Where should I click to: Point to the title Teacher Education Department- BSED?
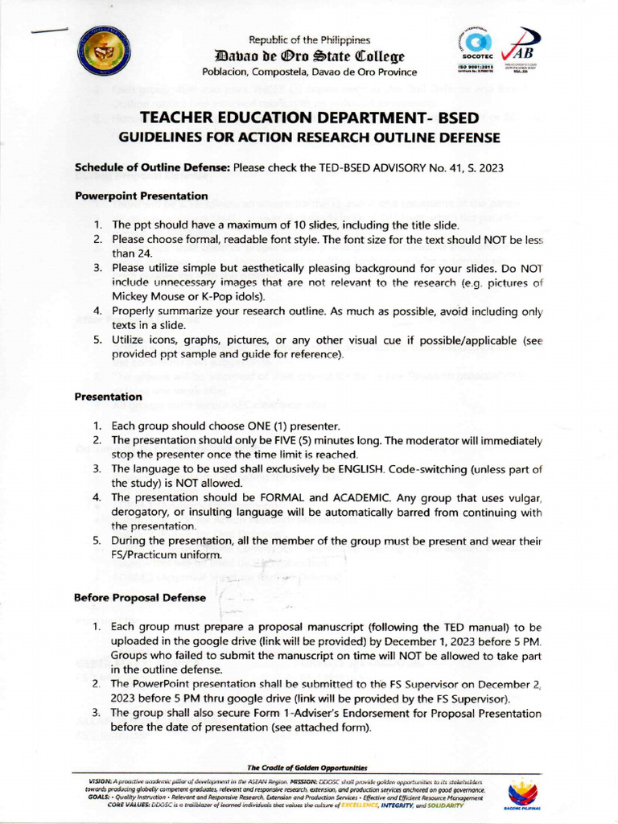pyautogui.click(x=309, y=118)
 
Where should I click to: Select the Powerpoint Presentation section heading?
pyautogui.click(x=141, y=196)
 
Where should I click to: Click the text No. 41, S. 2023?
pyautogui.click(x=476, y=168)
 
